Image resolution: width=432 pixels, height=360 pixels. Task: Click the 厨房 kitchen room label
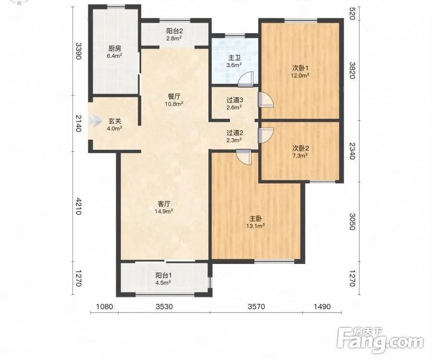114,49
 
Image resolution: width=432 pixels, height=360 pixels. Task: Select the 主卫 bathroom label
234,58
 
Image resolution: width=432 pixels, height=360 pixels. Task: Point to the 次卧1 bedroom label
300,68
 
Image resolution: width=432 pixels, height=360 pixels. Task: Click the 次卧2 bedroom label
300,148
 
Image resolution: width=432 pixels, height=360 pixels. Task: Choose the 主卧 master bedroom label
256,219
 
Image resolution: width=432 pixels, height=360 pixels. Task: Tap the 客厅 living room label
164,204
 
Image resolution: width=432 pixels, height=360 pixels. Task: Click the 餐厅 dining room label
174,96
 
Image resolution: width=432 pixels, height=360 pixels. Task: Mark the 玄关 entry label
114,121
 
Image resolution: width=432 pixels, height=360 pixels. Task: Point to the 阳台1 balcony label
164,275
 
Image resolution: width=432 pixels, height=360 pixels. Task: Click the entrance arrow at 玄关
96,120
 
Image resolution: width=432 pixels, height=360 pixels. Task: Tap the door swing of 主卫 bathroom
245,79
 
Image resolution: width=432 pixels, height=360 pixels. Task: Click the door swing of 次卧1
266,99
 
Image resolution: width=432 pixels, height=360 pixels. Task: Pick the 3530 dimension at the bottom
164,306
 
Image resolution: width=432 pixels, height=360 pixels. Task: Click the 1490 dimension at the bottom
322,306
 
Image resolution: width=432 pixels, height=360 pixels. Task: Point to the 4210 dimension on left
78,206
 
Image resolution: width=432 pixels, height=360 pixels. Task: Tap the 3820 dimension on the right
352,70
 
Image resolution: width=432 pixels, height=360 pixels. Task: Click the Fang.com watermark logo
380,340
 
